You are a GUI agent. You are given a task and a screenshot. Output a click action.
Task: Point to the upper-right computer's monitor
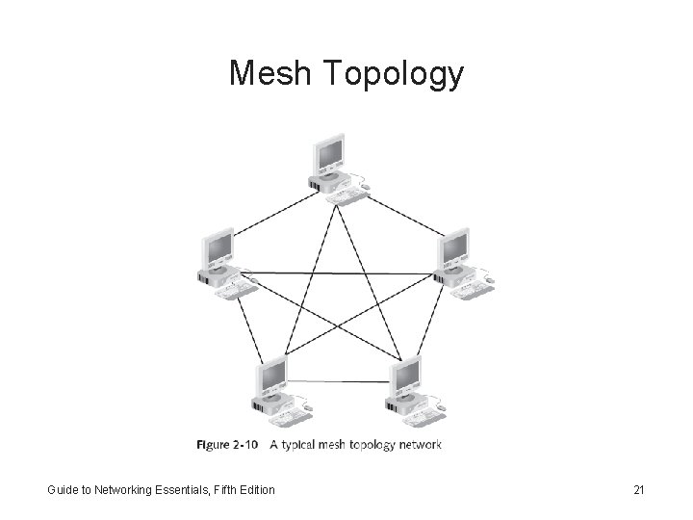point(455,248)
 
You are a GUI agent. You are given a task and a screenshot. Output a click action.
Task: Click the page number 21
point(638,491)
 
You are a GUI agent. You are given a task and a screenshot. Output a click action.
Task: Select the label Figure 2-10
point(226,445)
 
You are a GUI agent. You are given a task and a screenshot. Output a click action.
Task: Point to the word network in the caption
point(420,445)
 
